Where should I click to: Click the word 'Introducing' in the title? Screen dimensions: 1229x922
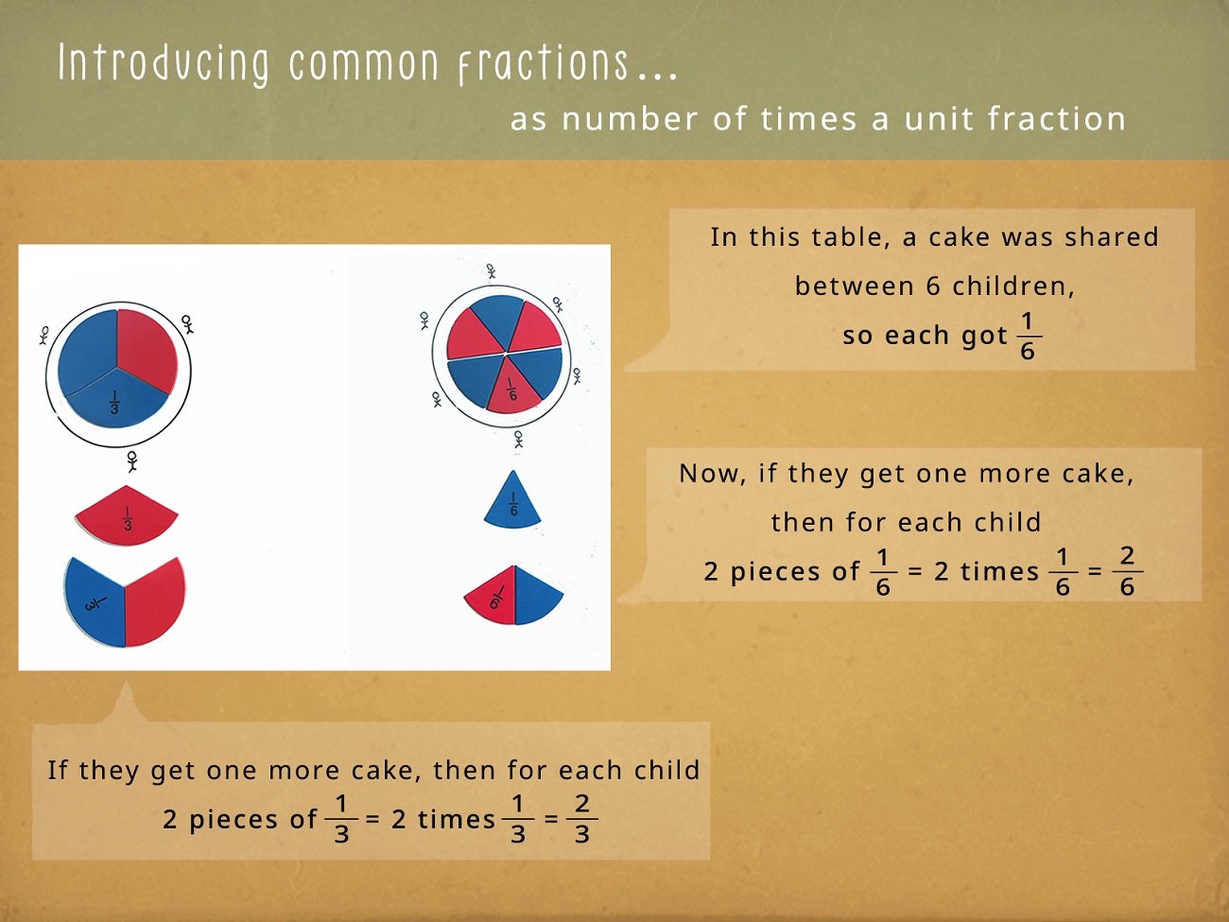[x=163, y=63]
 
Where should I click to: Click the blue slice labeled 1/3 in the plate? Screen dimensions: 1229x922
[x=117, y=398]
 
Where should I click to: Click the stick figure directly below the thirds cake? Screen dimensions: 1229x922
[x=132, y=461]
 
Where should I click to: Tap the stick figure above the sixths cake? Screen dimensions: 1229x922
[x=491, y=271]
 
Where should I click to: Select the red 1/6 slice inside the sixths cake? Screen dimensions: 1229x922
[x=511, y=386]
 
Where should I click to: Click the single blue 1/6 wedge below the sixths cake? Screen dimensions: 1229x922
[x=512, y=501]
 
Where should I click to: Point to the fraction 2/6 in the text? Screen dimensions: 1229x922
[x=1127, y=570]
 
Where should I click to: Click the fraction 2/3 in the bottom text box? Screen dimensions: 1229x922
[x=582, y=818]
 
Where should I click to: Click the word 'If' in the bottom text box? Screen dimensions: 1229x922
[x=57, y=770]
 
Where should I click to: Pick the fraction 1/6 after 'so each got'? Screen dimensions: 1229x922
[x=1028, y=336]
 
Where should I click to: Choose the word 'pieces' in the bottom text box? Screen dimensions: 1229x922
[x=233, y=820]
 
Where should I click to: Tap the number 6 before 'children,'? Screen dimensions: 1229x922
[x=933, y=287]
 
